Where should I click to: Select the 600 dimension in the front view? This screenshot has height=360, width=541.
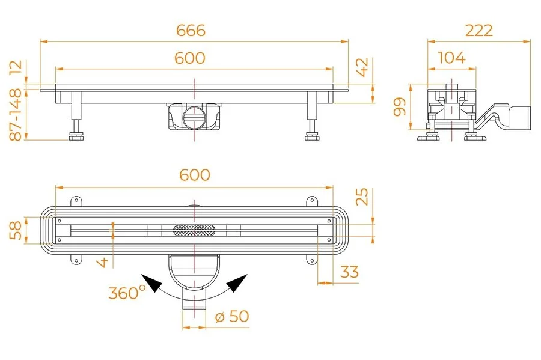click(x=189, y=58)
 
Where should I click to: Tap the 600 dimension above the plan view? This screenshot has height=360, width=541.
click(x=195, y=174)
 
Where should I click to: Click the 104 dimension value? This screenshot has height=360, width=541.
click(x=451, y=58)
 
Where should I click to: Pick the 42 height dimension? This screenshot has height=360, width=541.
click(x=363, y=68)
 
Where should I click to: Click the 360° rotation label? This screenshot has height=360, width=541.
click(x=127, y=293)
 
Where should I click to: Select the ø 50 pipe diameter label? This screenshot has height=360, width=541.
click(x=231, y=316)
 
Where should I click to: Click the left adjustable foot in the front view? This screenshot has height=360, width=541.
click(x=76, y=133)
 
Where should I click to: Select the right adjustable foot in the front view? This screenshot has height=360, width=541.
click(x=311, y=133)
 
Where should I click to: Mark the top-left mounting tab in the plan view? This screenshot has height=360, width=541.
click(x=76, y=201)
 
